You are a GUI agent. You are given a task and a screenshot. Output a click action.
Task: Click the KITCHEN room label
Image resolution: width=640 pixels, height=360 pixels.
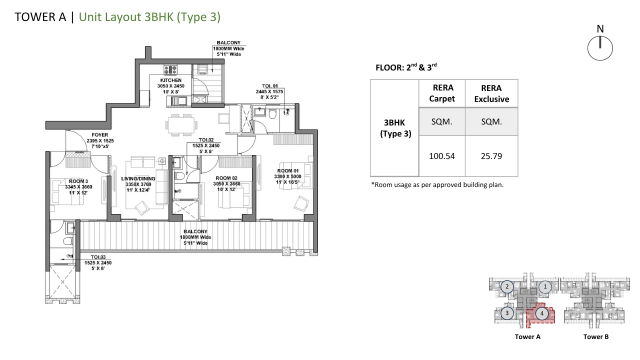pyautogui.click(x=171, y=80)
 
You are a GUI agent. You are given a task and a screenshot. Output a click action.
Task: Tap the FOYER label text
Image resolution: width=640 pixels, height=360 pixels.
pyautogui.click(x=100, y=135)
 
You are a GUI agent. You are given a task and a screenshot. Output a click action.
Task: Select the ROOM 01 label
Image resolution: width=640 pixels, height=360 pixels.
pyautogui.click(x=287, y=171)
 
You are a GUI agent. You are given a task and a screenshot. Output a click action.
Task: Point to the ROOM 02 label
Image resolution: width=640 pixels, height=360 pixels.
pyautogui.click(x=226, y=178)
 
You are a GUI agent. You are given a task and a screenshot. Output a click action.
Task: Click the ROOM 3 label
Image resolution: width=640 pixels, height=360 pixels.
pyautogui.click(x=78, y=181)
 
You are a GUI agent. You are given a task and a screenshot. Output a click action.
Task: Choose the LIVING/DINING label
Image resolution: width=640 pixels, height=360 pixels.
pyautogui.click(x=138, y=178)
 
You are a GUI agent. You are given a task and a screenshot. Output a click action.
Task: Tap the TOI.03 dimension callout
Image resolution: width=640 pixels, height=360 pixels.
pyautogui.click(x=98, y=263)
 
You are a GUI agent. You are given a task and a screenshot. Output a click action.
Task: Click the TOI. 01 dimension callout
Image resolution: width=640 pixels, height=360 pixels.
pyautogui.click(x=269, y=91)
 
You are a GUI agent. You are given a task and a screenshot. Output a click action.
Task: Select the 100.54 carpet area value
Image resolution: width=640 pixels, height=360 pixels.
pyautogui.click(x=441, y=156)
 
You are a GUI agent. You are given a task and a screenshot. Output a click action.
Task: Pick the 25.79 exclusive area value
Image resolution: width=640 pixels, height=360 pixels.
pyautogui.click(x=491, y=156)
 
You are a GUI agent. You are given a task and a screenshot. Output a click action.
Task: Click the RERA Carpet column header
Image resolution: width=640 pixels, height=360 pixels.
pyautogui.click(x=442, y=93)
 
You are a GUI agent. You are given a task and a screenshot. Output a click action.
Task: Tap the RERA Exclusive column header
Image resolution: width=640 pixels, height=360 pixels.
pyautogui.click(x=491, y=93)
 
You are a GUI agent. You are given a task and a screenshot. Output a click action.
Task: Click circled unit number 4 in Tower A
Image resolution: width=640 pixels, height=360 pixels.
pyautogui.click(x=541, y=313)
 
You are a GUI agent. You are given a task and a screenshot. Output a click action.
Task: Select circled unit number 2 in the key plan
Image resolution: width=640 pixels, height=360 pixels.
pyautogui.click(x=507, y=286)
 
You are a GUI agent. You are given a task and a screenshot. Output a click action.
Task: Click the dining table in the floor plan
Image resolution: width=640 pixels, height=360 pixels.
pyautogui.click(x=181, y=125)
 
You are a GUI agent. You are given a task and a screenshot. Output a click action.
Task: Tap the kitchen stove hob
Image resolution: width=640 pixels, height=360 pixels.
pyautogui.click(x=170, y=69)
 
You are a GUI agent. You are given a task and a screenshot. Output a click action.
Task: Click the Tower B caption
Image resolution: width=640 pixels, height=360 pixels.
pyautogui.click(x=595, y=336)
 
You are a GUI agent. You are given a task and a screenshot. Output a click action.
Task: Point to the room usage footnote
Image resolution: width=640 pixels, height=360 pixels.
pyautogui.click(x=437, y=185)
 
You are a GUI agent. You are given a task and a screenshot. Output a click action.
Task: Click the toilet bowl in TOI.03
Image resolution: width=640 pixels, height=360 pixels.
pyautogui.click(x=67, y=241)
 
